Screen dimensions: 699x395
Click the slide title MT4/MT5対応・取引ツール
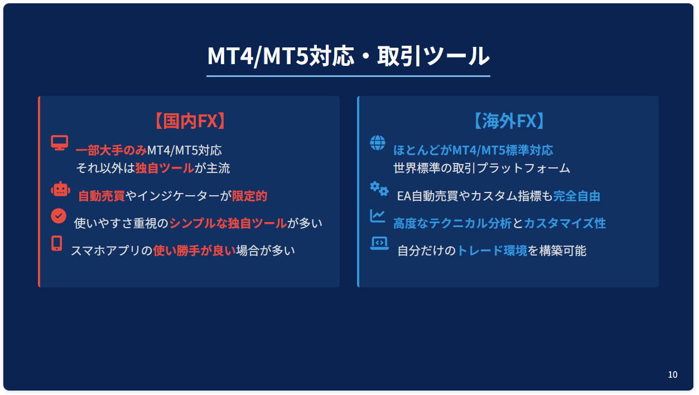[x=348, y=56]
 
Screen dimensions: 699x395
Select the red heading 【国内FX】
[x=190, y=121]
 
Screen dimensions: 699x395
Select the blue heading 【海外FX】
[x=509, y=121]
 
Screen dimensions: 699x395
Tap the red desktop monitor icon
[x=60, y=143]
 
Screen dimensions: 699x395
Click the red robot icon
[x=61, y=189]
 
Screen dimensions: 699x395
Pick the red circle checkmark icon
[x=59, y=216]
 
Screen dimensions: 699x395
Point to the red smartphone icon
[x=57, y=243]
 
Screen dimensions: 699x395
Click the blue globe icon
[x=378, y=143]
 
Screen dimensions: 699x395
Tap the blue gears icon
[x=379, y=189]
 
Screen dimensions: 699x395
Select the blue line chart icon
[x=378, y=216]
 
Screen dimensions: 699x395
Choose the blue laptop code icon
[x=379, y=243]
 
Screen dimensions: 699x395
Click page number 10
[x=672, y=374]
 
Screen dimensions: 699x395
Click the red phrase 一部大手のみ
[x=111, y=151]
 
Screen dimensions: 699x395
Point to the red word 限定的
[x=249, y=196]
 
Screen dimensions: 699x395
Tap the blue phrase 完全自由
[x=577, y=196]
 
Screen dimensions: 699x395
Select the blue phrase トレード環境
[x=492, y=251]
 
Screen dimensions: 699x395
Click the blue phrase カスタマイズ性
[x=565, y=223]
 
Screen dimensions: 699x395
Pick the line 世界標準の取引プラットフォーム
[x=481, y=168]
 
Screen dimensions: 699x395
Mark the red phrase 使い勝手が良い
[x=194, y=251]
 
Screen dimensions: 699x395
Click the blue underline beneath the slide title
[x=348, y=76]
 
